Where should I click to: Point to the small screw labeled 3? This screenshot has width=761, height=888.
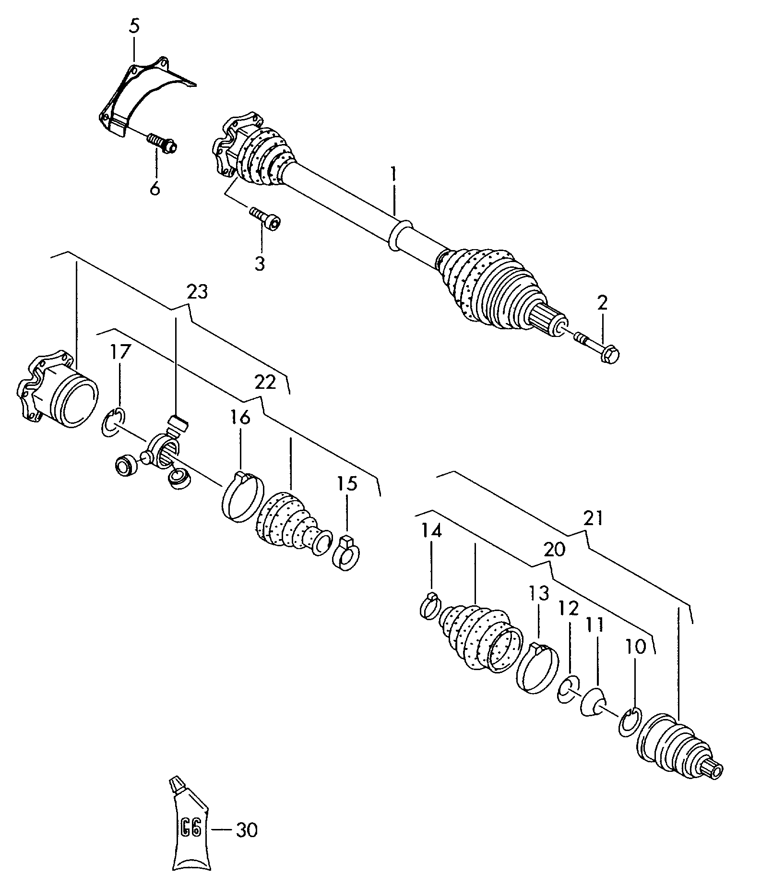point(265,218)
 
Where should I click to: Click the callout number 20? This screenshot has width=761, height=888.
point(554,550)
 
